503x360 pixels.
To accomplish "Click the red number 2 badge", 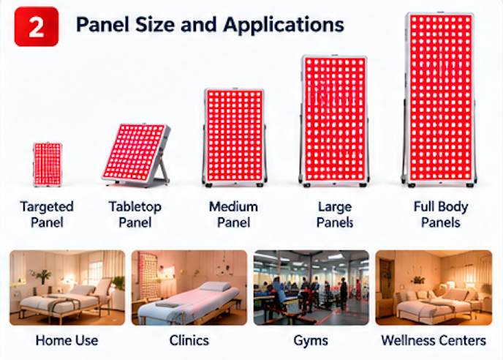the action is [x=37, y=26].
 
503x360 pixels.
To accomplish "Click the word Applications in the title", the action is [x=284, y=25].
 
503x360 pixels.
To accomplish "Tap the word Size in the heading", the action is [x=156, y=24].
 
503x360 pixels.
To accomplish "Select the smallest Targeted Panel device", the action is [x=48, y=164].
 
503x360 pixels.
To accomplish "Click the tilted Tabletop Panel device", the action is [x=136, y=155].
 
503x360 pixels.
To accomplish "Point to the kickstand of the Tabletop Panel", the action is [x=162, y=170].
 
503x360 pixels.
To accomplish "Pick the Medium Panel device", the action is [x=235, y=137].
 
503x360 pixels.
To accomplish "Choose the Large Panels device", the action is [x=334, y=121].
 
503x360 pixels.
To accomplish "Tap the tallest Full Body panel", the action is [x=439, y=99].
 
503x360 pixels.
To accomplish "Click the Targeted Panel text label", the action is [x=47, y=214].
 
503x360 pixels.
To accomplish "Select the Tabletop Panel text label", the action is [x=135, y=214].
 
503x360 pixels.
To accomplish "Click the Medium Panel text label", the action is [x=233, y=214].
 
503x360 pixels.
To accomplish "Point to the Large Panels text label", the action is [x=335, y=214].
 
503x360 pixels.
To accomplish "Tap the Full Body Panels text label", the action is [x=441, y=214].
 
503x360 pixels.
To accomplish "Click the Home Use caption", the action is [x=67, y=340].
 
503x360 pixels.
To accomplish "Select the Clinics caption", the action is [x=189, y=340].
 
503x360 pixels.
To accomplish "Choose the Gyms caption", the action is [x=311, y=341].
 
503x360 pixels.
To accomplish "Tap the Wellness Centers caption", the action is [x=434, y=340].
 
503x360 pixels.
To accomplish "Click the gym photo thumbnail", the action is [x=311, y=288].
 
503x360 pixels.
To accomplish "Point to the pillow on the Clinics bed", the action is [x=216, y=286].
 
